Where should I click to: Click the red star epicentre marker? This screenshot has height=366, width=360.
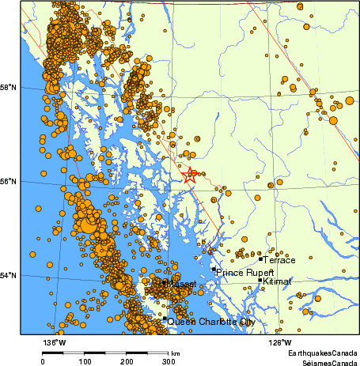pos(190,175)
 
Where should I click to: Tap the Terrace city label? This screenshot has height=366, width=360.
pos(279,259)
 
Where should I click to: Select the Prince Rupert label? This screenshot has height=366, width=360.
pos(246,273)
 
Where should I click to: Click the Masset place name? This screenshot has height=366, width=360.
pos(180,284)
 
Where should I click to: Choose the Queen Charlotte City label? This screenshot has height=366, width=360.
pos(210,323)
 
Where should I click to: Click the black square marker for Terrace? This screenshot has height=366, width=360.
pos(260,258)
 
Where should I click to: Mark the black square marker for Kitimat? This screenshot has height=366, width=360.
pos(260,280)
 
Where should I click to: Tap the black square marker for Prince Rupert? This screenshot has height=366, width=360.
pos(214,270)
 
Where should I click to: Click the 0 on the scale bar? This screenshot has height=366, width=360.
pos(43,360)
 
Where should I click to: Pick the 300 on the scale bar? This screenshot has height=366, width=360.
pos(169,360)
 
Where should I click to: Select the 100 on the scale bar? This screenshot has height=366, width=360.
pos(85,360)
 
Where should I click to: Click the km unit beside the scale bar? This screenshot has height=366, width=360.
pos(175,353)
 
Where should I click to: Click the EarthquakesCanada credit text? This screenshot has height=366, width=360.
pos(322,352)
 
